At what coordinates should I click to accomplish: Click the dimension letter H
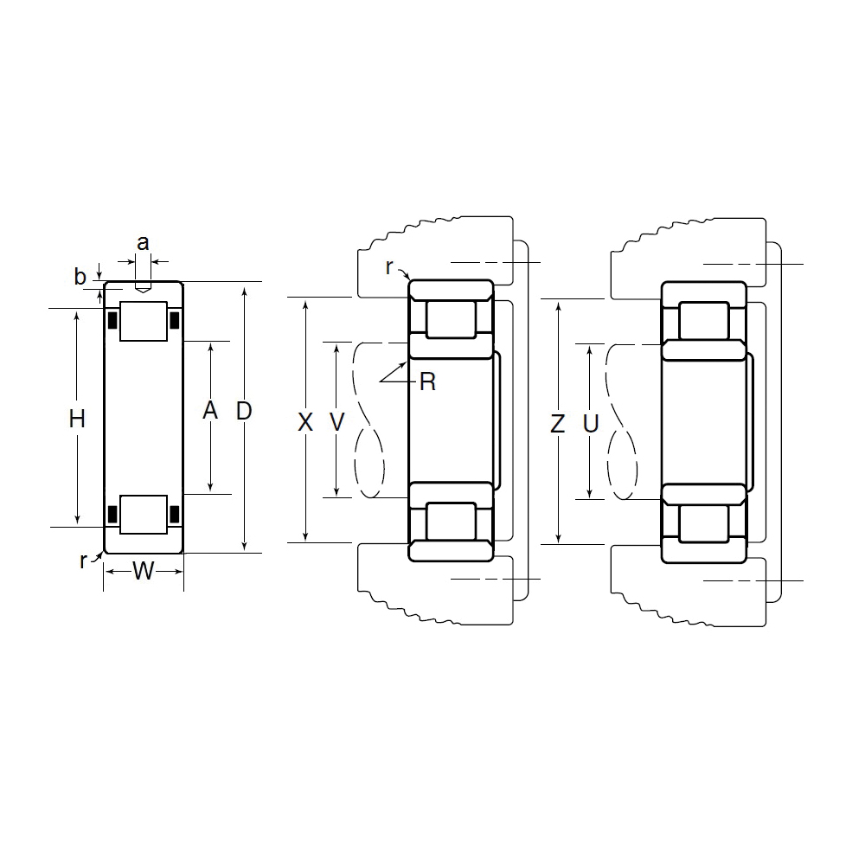tap(77, 419)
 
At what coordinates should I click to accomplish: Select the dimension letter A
tap(210, 410)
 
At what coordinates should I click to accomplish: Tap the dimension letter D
tap(244, 411)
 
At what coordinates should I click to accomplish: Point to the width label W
tap(144, 571)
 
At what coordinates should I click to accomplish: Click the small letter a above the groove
tap(143, 243)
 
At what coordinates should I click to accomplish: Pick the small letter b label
tap(80, 277)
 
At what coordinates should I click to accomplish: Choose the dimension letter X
tap(305, 423)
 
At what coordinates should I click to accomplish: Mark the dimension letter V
tap(337, 423)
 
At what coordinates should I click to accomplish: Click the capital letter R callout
tap(427, 381)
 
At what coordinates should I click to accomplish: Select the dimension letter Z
tap(558, 424)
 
